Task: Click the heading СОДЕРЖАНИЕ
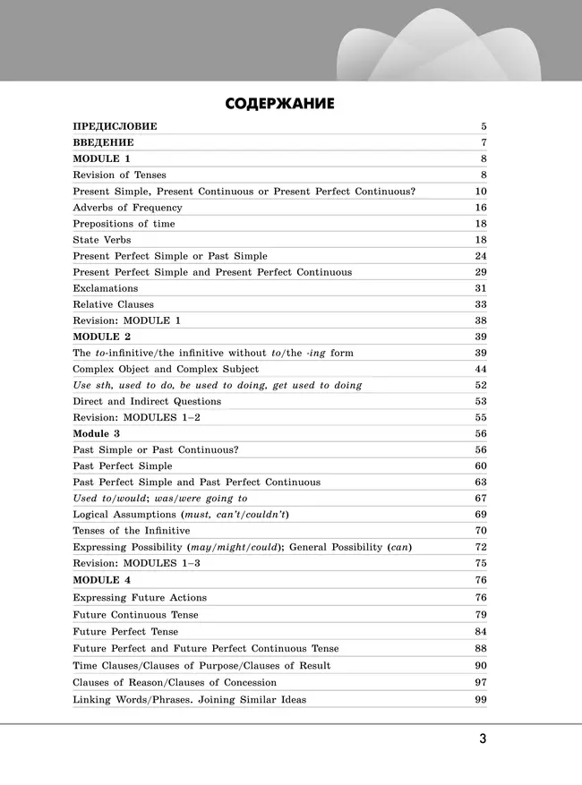pyautogui.click(x=279, y=104)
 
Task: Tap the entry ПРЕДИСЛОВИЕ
pyautogui.click(x=114, y=126)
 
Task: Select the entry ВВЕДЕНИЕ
pyautogui.click(x=103, y=142)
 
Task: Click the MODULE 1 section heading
pyautogui.click(x=101, y=158)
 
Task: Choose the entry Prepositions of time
pyautogui.click(x=124, y=224)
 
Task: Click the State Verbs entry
pyautogui.click(x=101, y=240)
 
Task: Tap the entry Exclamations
pyautogui.click(x=105, y=288)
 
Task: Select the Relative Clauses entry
pyautogui.click(x=113, y=304)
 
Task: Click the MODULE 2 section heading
pyautogui.click(x=101, y=337)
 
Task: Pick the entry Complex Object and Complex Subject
pyautogui.click(x=166, y=369)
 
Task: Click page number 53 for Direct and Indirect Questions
pyautogui.click(x=480, y=402)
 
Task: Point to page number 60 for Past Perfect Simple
pyautogui.click(x=480, y=466)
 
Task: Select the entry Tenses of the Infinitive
pyautogui.click(x=131, y=531)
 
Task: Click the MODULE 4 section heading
pyautogui.click(x=101, y=580)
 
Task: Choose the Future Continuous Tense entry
pyautogui.click(x=135, y=615)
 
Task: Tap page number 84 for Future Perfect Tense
pyautogui.click(x=480, y=632)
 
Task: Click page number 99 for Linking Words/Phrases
pyautogui.click(x=480, y=699)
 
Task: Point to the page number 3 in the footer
pyautogui.click(x=482, y=738)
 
